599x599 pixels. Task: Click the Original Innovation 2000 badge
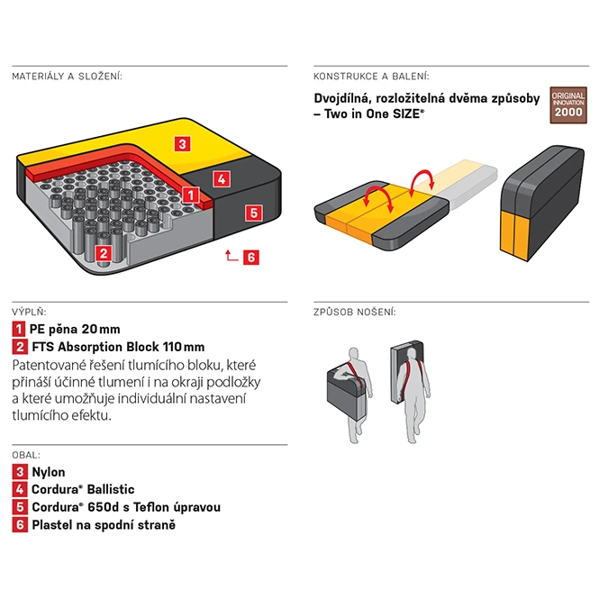568,105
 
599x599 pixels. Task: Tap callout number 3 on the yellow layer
182,144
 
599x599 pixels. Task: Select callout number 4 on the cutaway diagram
222,178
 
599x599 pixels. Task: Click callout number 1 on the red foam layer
190,195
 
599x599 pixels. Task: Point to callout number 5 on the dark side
254,213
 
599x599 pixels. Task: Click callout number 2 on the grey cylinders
104,253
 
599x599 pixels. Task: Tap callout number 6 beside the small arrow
251,257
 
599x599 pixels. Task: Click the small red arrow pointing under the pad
231,255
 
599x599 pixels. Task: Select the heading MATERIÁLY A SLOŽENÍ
68,77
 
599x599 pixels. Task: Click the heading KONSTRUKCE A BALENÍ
371,77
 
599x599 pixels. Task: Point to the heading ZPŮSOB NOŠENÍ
355,312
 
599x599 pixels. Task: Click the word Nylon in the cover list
49,472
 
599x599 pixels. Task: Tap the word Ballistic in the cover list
111,489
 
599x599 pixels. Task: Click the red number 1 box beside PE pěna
18,329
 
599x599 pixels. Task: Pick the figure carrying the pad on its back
411,393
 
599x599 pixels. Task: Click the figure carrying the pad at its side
350,395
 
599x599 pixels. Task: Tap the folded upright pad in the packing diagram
541,204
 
